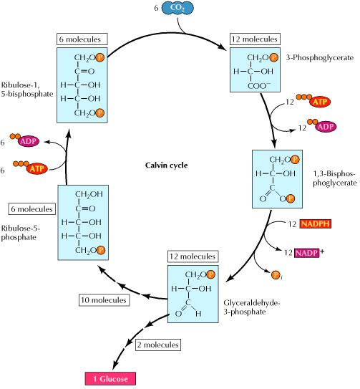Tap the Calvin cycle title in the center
pos(166,165)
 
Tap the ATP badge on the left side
pos(36,169)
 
